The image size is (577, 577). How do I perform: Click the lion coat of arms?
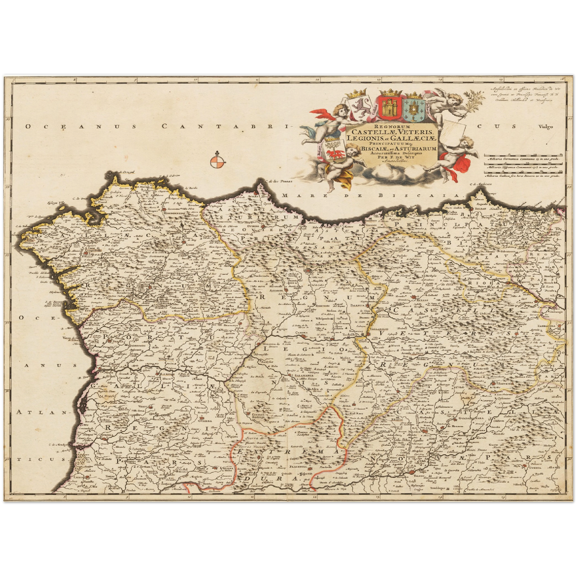[361, 108]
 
